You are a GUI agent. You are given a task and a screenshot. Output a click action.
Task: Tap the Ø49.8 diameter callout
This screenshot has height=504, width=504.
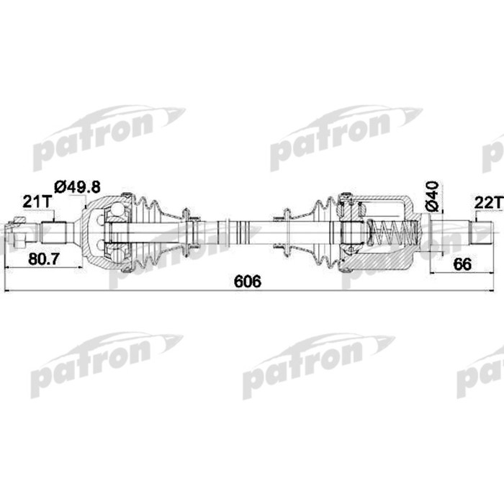[x=77, y=186]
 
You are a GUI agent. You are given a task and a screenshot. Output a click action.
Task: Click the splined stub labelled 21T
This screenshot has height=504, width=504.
[x=54, y=233]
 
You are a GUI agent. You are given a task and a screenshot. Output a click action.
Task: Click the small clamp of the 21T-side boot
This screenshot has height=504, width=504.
[x=188, y=232]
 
